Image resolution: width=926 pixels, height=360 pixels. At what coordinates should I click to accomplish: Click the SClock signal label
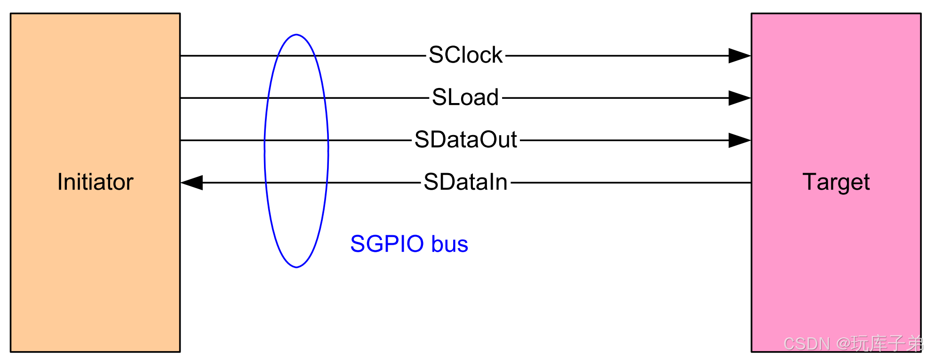(x=465, y=55)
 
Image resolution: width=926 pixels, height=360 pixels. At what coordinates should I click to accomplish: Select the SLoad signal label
(x=465, y=97)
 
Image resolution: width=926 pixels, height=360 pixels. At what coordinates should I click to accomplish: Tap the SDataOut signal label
(x=465, y=140)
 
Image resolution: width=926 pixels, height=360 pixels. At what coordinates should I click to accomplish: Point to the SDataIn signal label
(x=465, y=182)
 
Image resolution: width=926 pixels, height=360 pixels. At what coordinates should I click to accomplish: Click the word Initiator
(x=95, y=182)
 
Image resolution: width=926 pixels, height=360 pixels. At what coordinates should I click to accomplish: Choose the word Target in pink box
(x=836, y=182)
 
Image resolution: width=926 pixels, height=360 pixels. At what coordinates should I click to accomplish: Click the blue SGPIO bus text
(x=409, y=244)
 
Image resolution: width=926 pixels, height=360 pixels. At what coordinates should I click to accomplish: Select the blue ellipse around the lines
(x=265, y=151)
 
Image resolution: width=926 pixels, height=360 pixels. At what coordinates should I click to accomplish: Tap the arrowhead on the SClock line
(x=739, y=56)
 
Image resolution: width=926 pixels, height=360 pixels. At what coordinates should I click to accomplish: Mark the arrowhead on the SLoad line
(x=739, y=98)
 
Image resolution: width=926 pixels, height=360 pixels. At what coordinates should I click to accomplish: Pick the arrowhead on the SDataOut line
(x=739, y=140)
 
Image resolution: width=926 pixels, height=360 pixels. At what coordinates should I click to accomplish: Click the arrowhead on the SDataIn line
(x=192, y=183)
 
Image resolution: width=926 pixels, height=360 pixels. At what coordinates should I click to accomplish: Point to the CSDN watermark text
(x=806, y=344)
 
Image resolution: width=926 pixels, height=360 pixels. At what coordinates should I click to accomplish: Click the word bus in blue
(x=449, y=244)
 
